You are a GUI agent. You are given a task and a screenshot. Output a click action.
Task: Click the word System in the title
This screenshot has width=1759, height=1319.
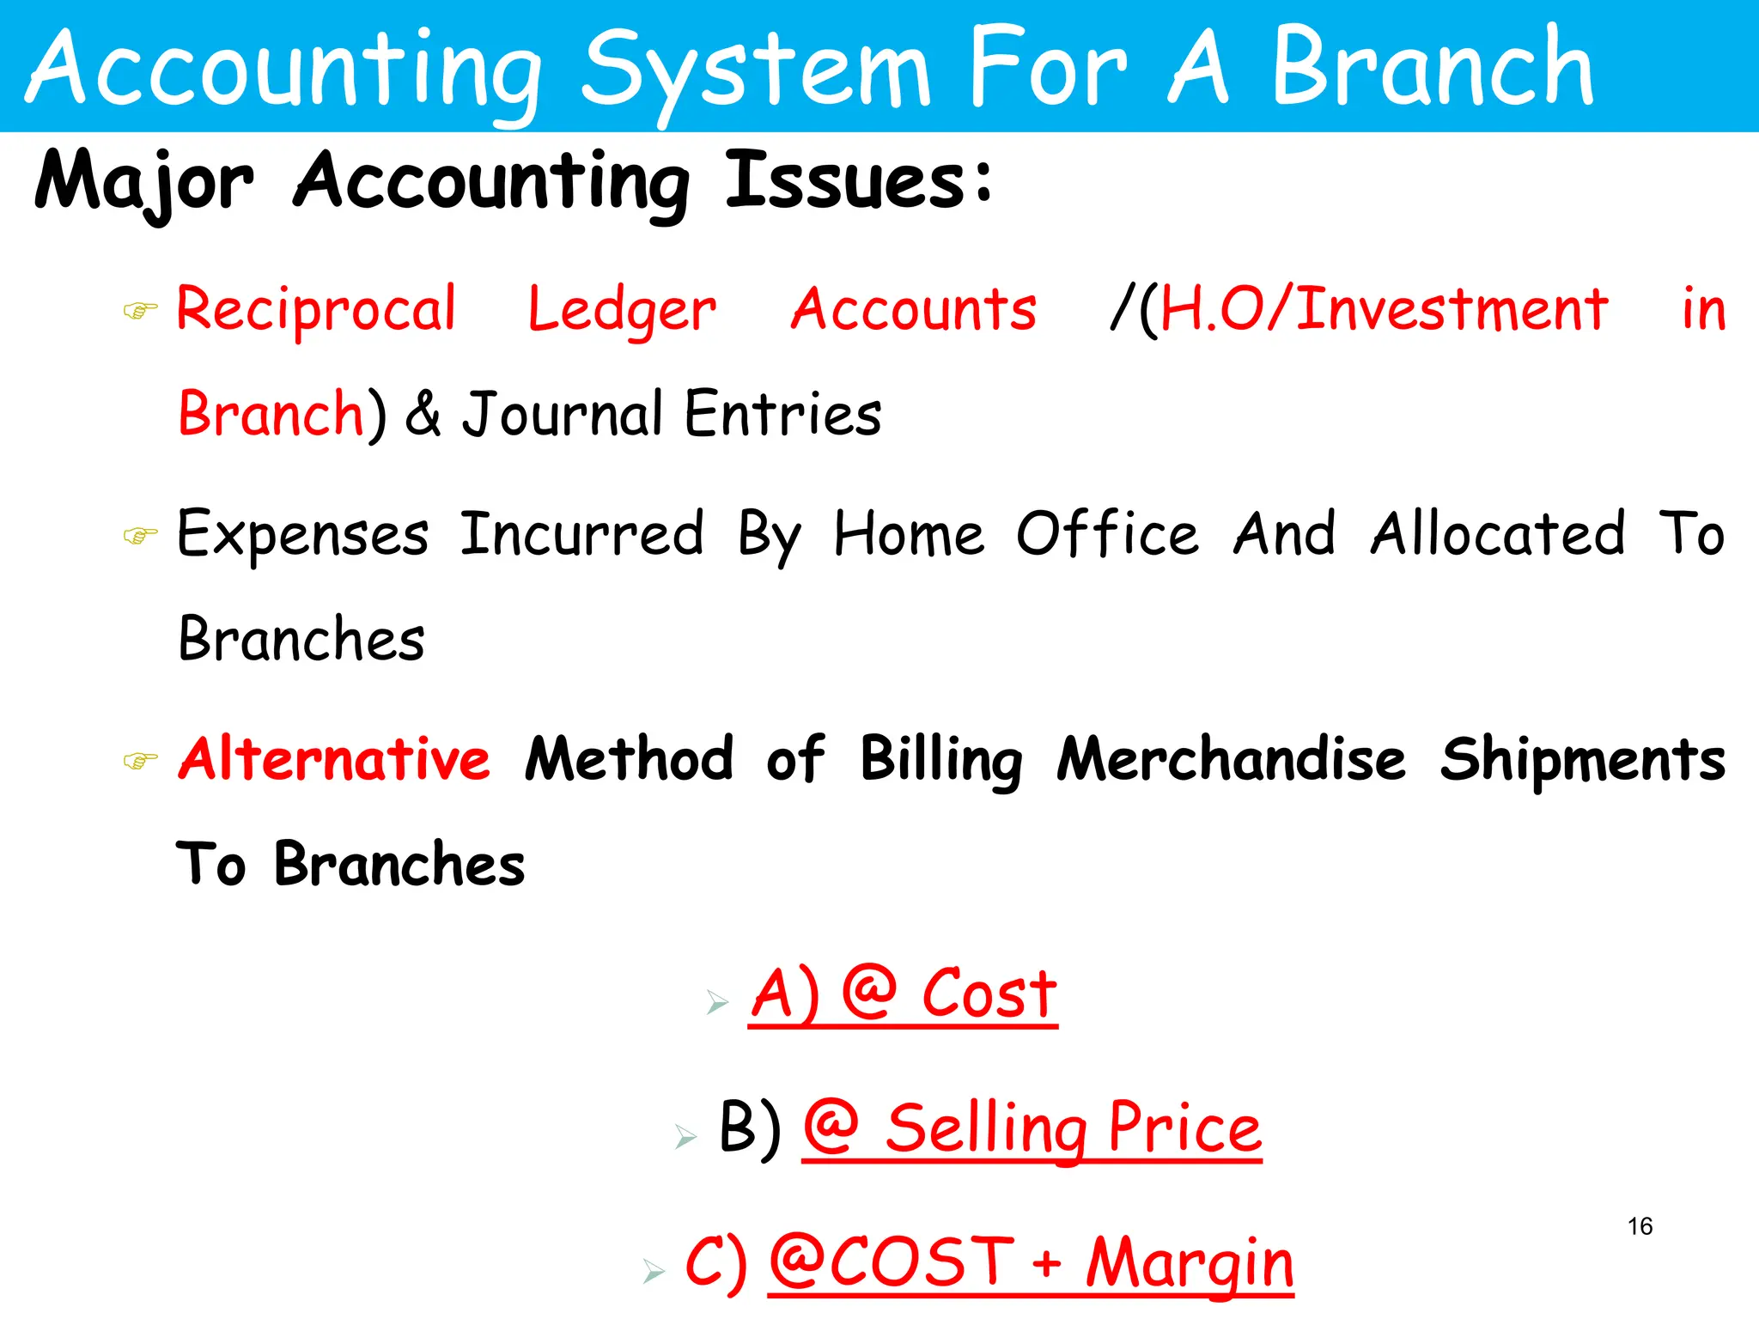click(756, 69)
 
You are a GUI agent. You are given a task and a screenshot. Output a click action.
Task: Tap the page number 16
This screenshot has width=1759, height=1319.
click(1640, 1226)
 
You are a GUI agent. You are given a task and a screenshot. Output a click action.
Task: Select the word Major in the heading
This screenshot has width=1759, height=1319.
click(144, 182)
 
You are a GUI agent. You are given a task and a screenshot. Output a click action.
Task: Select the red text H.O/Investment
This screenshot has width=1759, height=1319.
click(1384, 309)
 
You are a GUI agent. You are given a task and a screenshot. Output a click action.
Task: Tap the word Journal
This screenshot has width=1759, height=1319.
click(562, 414)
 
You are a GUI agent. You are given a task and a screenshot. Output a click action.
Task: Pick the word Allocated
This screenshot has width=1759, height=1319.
click(1498, 534)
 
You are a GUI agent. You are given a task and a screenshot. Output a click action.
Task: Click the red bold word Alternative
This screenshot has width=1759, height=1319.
click(334, 759)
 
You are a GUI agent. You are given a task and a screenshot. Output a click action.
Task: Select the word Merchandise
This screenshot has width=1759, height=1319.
click(1231, 759)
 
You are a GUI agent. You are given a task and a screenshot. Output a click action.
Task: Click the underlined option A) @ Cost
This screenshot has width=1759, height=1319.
click(903, 995)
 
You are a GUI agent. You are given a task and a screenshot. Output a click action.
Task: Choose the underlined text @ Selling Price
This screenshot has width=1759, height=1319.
click(1032, 1128)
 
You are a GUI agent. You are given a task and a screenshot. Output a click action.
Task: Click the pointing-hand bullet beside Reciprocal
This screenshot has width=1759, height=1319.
click(140, 310)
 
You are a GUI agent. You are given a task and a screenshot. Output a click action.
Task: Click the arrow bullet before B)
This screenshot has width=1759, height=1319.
click(685, 1137)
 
